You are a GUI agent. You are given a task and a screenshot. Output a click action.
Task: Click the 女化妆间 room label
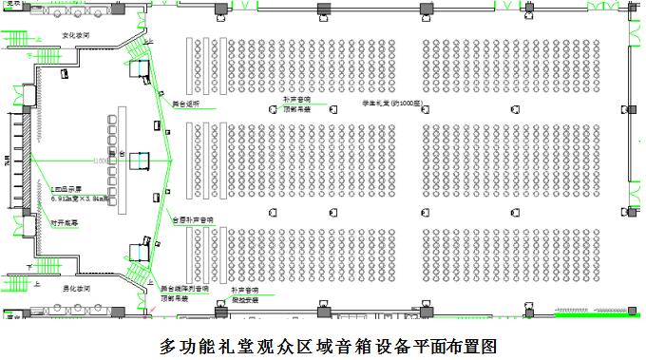pos(76,34)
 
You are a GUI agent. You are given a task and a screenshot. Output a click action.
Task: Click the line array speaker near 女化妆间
pos(141,67)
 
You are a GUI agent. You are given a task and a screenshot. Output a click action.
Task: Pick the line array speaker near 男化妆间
pos(139,252)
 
